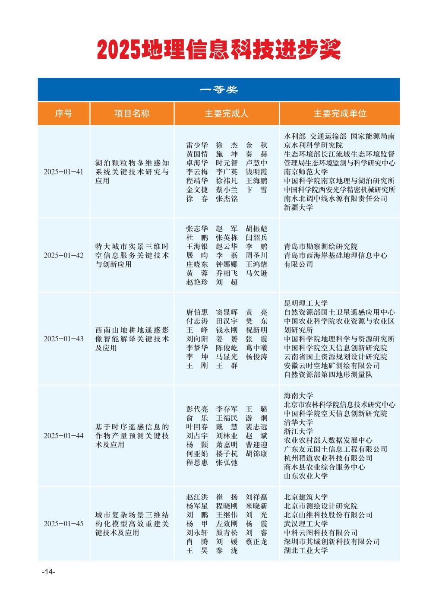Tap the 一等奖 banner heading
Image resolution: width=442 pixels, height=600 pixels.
(x=219, y=90)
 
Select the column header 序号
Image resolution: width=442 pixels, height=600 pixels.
(x=63, y=114)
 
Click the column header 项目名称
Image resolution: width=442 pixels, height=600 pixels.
(x=132, y=114)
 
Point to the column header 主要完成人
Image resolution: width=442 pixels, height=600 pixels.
(x=227, y=114)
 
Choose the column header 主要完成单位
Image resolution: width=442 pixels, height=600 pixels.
(x=340, y=114)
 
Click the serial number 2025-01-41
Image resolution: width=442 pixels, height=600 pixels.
(x=63, y=172)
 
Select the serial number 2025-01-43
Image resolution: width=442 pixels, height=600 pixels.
(x=63, y=339)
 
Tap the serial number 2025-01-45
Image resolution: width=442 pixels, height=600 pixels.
(x=63, y=524)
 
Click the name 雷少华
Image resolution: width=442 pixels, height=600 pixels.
(x=197, y=145)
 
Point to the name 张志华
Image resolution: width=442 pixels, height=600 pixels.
(x=197, y=229)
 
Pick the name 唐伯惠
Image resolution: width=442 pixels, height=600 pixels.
(x=197, y=312)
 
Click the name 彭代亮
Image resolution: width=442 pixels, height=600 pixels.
(x=197, y=409)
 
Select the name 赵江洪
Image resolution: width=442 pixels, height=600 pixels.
(x=197, y=497)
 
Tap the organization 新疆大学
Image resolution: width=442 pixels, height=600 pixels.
(x=299, y=207)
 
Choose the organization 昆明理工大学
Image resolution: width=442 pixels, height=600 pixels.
(x=306, y=304)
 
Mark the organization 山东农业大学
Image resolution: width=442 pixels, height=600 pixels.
(x=306, y=476)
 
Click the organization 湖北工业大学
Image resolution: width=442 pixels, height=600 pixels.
(x=306, y=550)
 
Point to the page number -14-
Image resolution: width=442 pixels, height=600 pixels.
(x=49, y=572)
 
